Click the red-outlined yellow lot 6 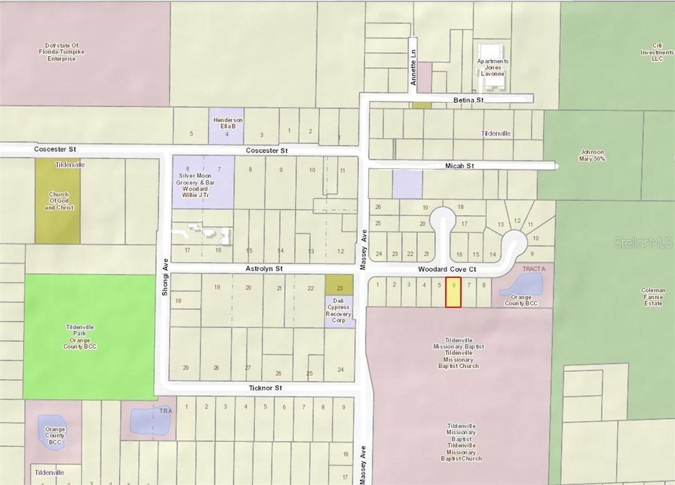pos(453,293)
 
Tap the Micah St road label pos(459,166)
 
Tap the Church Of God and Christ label pos(61,201)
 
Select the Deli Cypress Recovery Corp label pos(340,311)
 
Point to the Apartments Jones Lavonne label pos(492,67)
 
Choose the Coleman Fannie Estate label pos(653,297)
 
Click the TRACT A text pos(534,267)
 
